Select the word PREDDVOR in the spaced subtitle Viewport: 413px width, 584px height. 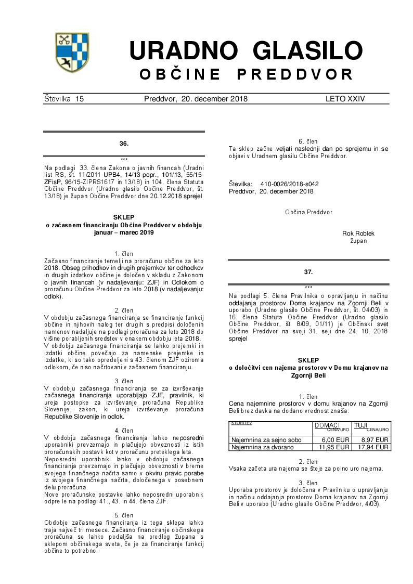coord(295,74)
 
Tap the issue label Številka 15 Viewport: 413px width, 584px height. coord(64,99)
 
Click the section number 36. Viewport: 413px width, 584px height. coord(124,142)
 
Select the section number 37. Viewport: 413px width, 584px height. coord(309,271)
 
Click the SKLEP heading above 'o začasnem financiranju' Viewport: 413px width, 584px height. coord(124,217)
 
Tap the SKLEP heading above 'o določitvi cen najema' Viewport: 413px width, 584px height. coord(309,360)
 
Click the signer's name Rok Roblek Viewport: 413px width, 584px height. coord(358,233)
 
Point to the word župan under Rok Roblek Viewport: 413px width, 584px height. coord(358,241)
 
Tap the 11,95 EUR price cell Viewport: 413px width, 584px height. coord(334,447)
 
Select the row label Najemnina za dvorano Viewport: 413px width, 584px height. coord(263,447)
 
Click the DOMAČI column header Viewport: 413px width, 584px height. coord(327,425)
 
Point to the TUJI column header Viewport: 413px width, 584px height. coord(360,425)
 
